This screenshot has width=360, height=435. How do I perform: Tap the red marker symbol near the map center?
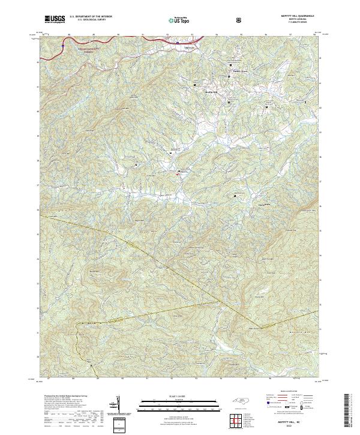pos(178,175)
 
